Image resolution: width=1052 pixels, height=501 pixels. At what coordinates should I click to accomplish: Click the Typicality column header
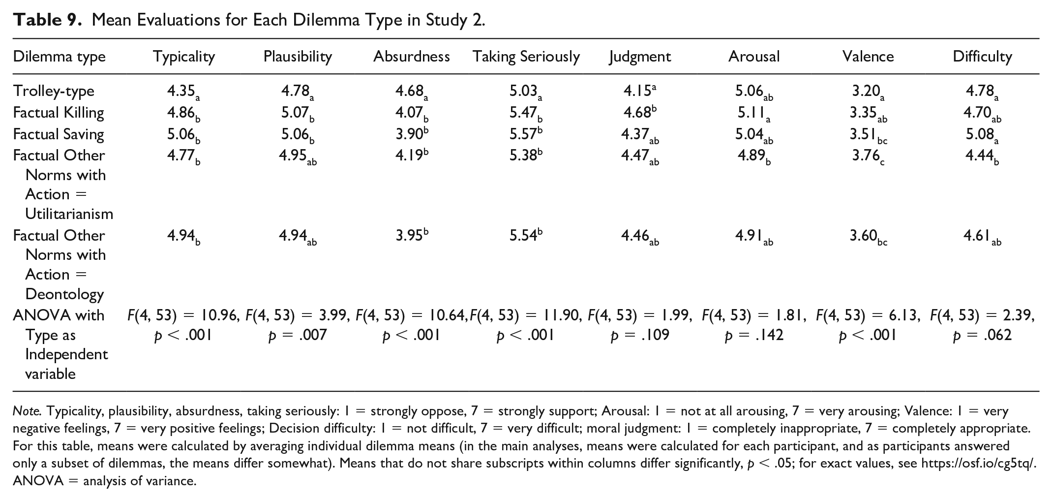coord(184,57)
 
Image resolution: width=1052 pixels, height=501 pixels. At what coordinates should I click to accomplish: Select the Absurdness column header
coord(412,56)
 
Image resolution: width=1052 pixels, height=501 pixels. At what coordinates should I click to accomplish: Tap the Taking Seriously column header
coord(526,57)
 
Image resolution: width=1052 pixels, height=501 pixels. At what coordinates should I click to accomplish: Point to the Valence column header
coord(868,56)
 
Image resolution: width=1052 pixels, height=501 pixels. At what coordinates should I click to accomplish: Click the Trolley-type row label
coord(54,91)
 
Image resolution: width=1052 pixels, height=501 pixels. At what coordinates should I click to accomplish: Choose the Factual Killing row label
coord(59,113)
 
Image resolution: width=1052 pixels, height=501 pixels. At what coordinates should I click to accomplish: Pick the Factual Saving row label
coord(59,134)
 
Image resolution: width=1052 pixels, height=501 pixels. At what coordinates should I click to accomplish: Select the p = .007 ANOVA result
coord(298,336)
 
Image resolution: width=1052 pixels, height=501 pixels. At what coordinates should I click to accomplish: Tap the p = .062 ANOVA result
coord(982,336)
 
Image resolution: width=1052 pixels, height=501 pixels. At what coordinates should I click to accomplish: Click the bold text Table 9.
coord(47,20)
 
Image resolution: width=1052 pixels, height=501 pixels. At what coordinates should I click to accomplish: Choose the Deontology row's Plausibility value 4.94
coord(298,237)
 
